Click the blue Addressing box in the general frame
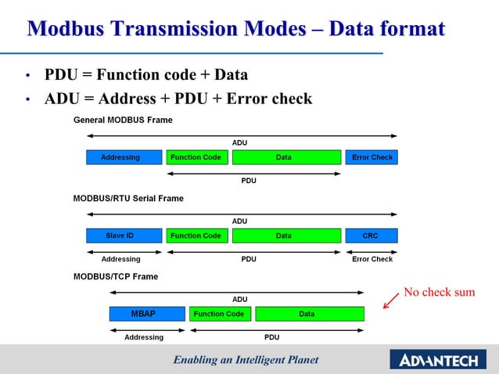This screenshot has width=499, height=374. point(120,157)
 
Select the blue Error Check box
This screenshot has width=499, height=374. point(372,157)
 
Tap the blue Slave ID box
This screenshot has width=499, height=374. point(120,236)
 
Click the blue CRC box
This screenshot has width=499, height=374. point(371,236)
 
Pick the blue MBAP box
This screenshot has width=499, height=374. point(142,314)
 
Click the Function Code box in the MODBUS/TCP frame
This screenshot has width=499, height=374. point(219,314)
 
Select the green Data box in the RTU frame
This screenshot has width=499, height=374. point(283,236)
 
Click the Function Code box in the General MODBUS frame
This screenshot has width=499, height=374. point(196,157)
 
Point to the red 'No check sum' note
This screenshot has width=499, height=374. point(439,293)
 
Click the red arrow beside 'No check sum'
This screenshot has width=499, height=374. point(390,300)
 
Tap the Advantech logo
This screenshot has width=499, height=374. point(440,360)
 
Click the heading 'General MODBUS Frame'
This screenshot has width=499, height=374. point(123,120)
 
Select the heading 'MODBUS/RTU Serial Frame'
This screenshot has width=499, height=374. point(128,199)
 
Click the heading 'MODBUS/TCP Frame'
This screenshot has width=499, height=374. point(115,277)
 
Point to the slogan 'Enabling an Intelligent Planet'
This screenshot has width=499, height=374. point(246,360)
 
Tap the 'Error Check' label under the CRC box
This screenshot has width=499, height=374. point(372,259)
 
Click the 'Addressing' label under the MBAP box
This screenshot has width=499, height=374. point(144,337)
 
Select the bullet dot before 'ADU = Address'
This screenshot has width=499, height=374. point(27,100)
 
